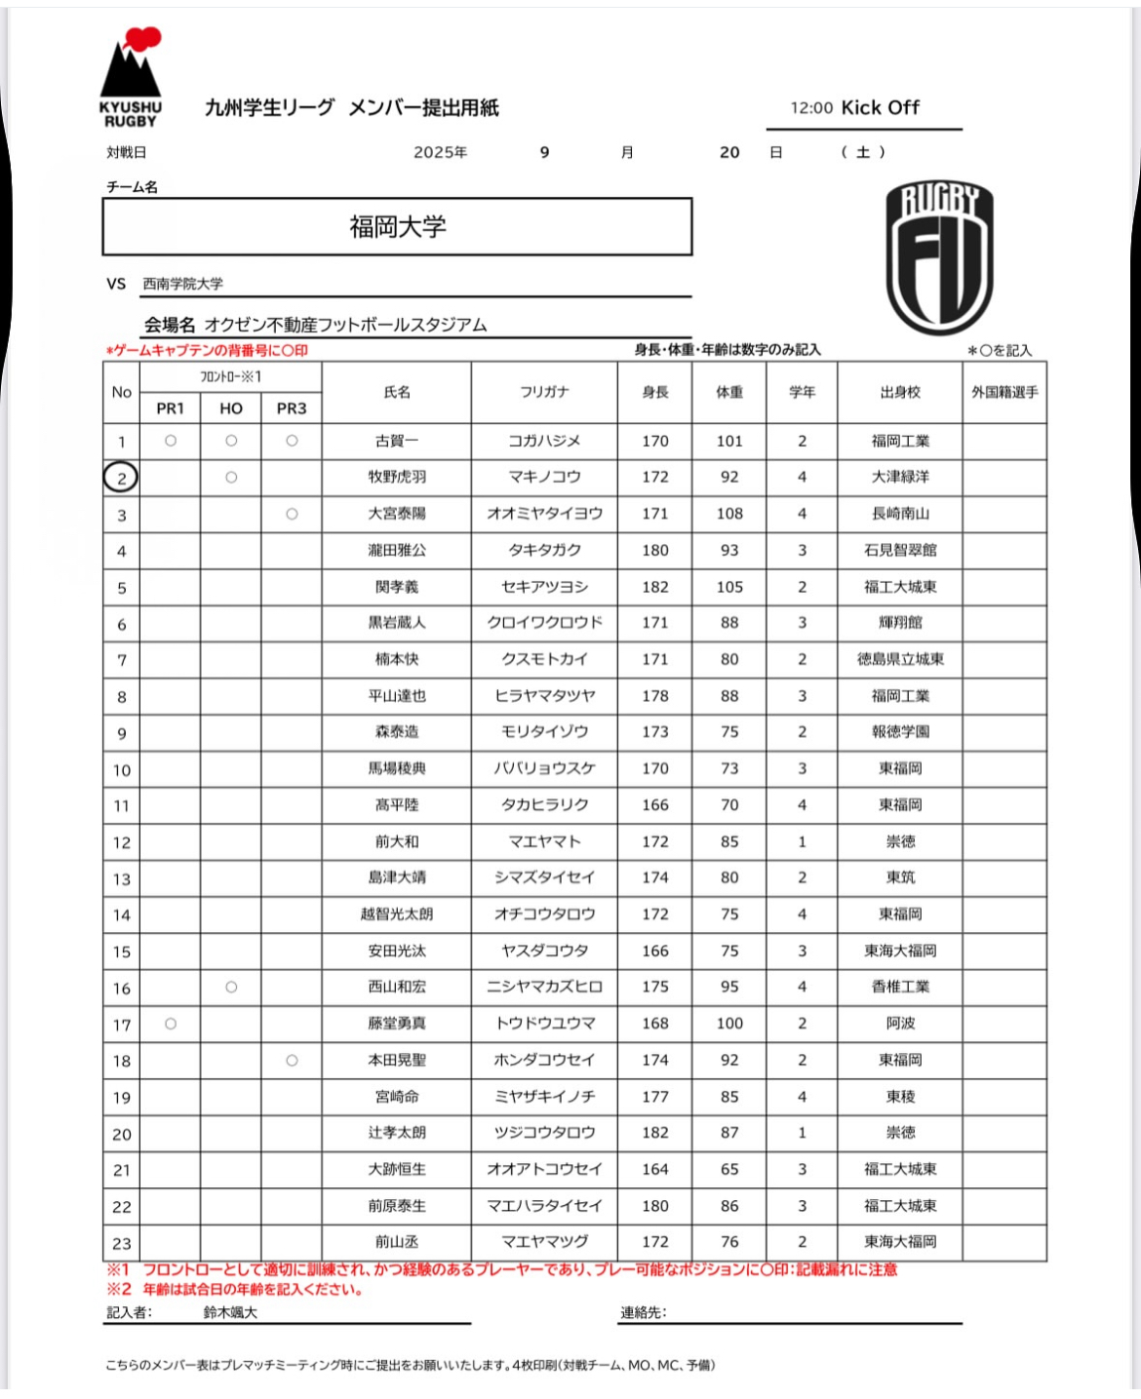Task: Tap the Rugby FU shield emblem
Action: coord(938,256)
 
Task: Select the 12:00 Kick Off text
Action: coord(855,108)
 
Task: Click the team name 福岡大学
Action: coord(397,227)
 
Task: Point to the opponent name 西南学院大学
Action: coord(182,284)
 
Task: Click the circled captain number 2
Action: coord(121,478)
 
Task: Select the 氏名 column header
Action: coord(397,392)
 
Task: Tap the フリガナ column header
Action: coord(544,392)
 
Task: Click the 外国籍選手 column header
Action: coord(1004,392)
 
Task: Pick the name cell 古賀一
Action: coord(397,441)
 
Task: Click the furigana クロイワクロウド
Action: coord(544,623)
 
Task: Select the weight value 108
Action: coord(729,514)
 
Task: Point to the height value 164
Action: coord(655,1169)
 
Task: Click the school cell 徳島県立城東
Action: coord(900,659)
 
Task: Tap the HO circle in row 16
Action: coord(231,987)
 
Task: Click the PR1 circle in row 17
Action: coord(171,1024)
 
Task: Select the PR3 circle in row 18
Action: coord(292,1060)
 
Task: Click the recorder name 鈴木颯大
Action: coord(230,1313)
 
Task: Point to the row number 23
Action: coord(121,1243)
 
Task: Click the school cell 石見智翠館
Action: coord(900,550)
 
